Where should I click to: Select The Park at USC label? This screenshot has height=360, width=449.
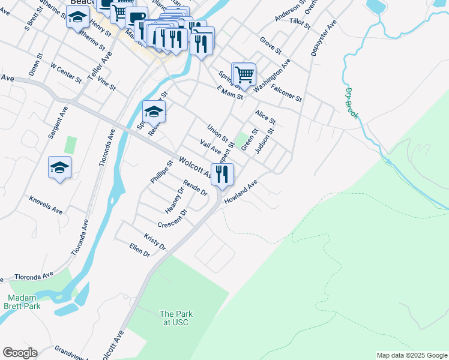(175, 318)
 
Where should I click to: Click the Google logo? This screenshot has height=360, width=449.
(20, 353)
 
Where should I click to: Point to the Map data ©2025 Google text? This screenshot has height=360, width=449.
(411, 355)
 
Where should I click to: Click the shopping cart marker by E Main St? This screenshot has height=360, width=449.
(244, 76)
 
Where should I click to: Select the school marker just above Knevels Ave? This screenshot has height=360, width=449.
(60, 167)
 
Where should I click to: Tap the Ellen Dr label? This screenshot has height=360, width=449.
(139, 250)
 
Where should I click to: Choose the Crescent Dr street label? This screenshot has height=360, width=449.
(173, 219)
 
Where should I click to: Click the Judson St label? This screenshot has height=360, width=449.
(264, 140)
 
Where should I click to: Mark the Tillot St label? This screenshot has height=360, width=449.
(300, 23)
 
